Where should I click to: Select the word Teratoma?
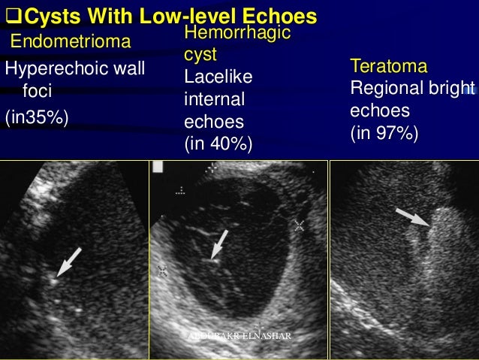coord(384,67)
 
